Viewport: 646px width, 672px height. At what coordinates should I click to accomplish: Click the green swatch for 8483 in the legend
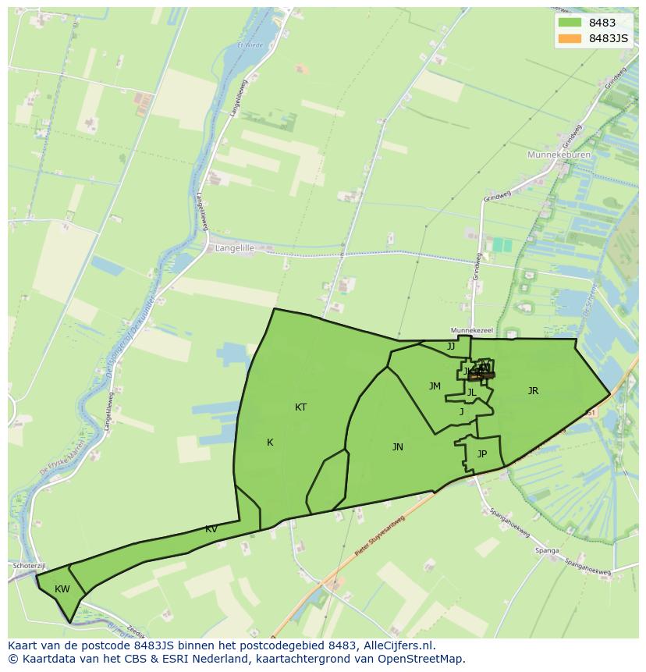pos(570,23)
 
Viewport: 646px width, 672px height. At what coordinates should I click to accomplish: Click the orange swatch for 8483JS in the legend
pos(570,38)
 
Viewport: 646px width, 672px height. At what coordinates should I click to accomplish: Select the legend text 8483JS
pos(609,38)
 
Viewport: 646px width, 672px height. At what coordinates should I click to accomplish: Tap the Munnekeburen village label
pos(559,155)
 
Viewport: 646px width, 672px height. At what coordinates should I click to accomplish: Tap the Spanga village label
pos(547,551)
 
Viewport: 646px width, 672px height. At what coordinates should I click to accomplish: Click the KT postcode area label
pos(300,407)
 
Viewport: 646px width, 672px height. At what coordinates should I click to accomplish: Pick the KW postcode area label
pos(62,589)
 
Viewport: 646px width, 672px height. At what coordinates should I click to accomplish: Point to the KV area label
pos(211,529)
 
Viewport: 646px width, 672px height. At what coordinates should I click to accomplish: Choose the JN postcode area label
pos(397,447)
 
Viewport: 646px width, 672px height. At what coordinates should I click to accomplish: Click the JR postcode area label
pos(533,391)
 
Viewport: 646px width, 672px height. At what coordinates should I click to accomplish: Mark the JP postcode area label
pos(481,454)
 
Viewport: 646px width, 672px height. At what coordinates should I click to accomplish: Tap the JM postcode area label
pos(435,386)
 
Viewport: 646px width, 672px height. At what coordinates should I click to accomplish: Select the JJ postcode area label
pos(450,347)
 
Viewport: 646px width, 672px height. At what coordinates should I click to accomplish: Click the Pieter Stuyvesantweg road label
pos(380,536)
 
